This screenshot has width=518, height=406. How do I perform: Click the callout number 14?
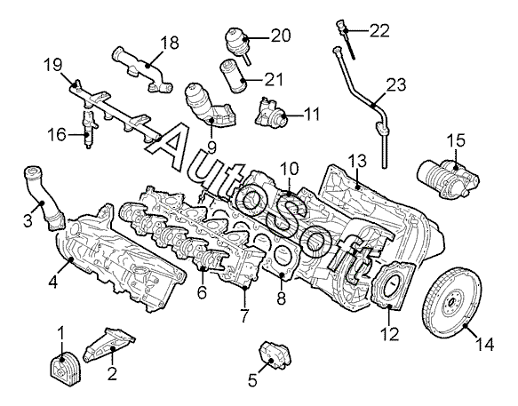484,344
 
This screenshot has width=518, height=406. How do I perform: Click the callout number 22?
379,30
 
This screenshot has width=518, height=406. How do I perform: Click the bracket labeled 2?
108,345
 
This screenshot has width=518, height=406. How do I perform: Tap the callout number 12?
390,334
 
